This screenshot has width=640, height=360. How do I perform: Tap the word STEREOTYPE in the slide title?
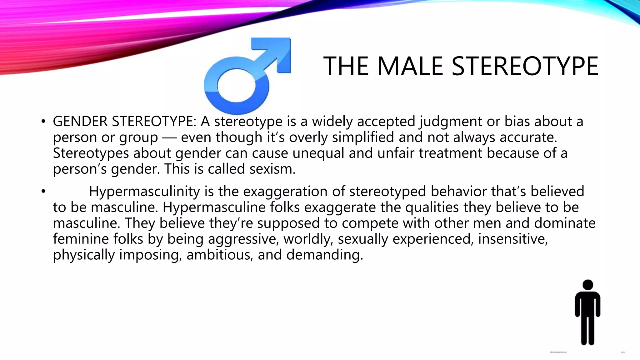coord(525,66)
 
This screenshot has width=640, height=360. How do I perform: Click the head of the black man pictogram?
coord(588,285)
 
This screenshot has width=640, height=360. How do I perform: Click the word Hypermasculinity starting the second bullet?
coord(144,191)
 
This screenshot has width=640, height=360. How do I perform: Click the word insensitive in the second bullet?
coord(512,239)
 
